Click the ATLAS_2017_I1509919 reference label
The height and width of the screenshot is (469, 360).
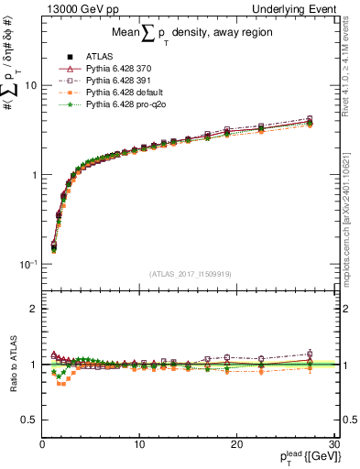pos(191,274)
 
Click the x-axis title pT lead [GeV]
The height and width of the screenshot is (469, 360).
pos(305,457)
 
